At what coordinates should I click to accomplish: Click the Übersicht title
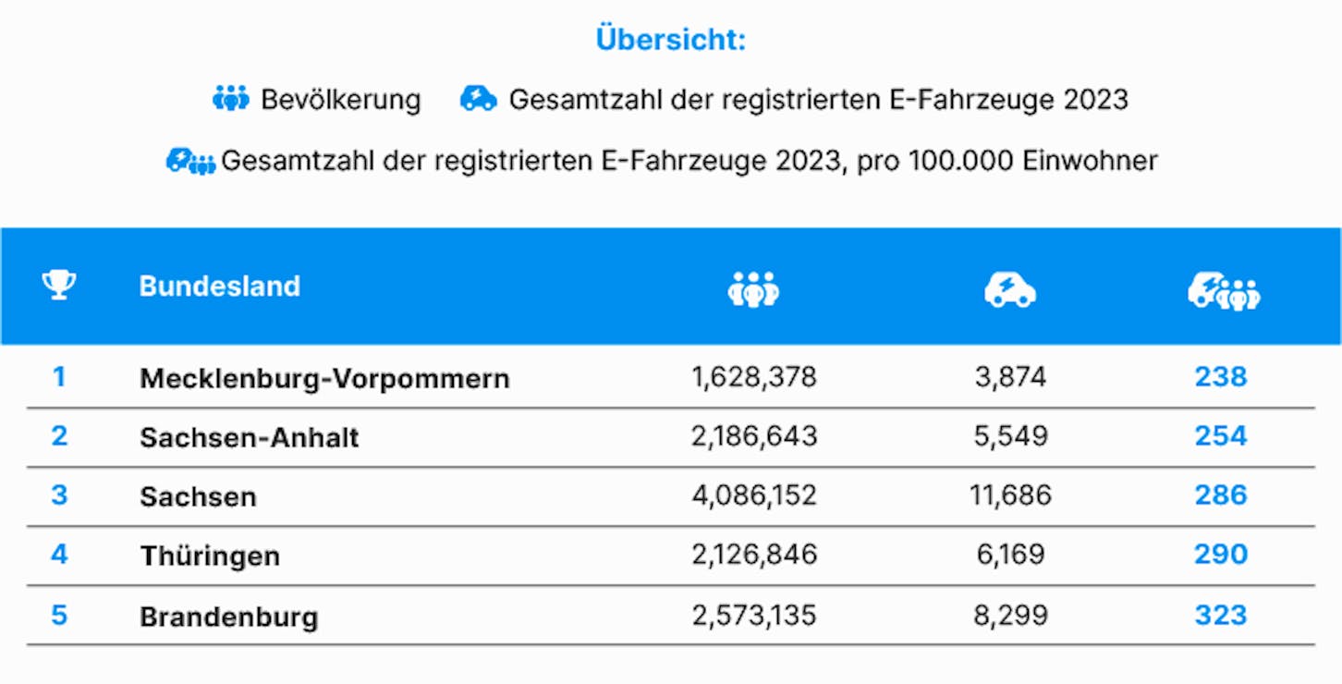coord(670,40)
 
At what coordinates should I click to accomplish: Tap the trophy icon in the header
coord(59,285)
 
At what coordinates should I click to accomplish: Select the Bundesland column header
coord(219,287)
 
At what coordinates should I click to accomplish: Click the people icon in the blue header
coord(753,289)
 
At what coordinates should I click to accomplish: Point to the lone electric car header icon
coord(1010,290)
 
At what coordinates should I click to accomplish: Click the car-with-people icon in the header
coord(1224,291)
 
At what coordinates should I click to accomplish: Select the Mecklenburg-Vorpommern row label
coord(324,379)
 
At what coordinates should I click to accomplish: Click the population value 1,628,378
coord(753,377)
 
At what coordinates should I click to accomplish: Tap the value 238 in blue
coord(1221,377)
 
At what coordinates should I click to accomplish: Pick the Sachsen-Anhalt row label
coord(250,437)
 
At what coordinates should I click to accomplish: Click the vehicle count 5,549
coord(1011,436)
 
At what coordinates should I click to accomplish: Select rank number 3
coord(59,495)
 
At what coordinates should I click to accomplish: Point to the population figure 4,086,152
coord(753,495)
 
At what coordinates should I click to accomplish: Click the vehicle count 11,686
coord(1011,495)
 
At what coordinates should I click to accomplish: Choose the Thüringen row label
coord(210,556)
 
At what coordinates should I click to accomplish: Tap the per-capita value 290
coord(1221,554)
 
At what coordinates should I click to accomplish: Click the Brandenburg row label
coord(229,617)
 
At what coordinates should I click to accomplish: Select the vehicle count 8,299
coord(1011,615)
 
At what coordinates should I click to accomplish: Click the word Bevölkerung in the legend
coord(341,100)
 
